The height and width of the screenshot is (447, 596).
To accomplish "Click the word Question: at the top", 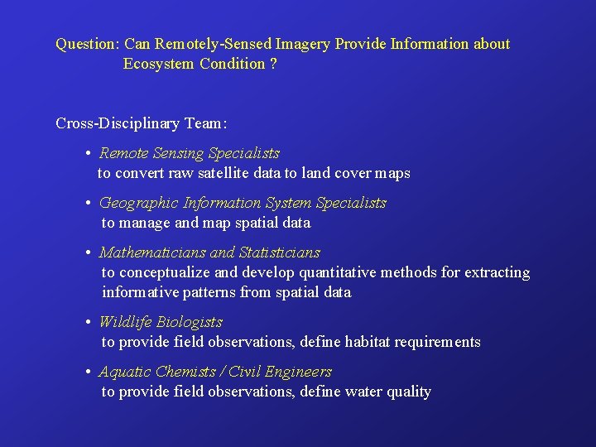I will click(x=88, y=44).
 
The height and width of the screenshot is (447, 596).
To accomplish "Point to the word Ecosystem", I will click(x=159, y=64).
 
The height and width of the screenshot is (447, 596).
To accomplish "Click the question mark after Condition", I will click(x=273, y=64).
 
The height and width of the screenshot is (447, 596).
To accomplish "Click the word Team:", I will click(x=205, y=123).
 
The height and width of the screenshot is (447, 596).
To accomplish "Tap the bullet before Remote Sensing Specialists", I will click(x=88, y=154).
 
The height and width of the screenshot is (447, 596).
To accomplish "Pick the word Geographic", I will click(x=136, y=203).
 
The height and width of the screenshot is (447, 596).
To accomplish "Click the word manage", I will click(x=147, y=223).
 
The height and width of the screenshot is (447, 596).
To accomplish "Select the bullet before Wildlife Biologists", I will click(x=88, y=323).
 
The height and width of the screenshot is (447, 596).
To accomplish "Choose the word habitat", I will click(x=365, y=342).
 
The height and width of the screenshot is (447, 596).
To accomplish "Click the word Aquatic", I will click(x=125, y=372).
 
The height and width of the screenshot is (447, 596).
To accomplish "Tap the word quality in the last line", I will click(x=404, y=392).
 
